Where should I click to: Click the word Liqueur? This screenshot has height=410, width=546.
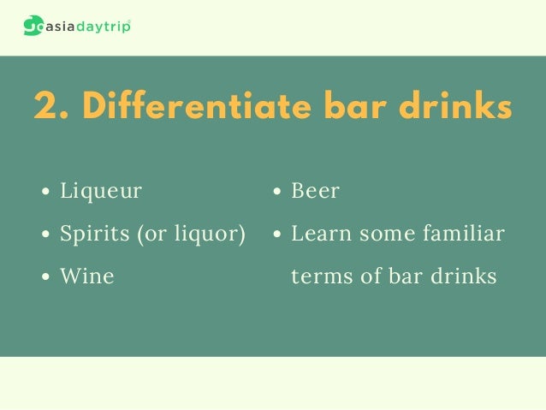click(x=101, y=191)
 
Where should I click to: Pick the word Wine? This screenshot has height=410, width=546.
click(x=86, y=276)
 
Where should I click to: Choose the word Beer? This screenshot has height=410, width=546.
click(x=315, y=191)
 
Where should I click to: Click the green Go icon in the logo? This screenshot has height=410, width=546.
click(x=35, y=26)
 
